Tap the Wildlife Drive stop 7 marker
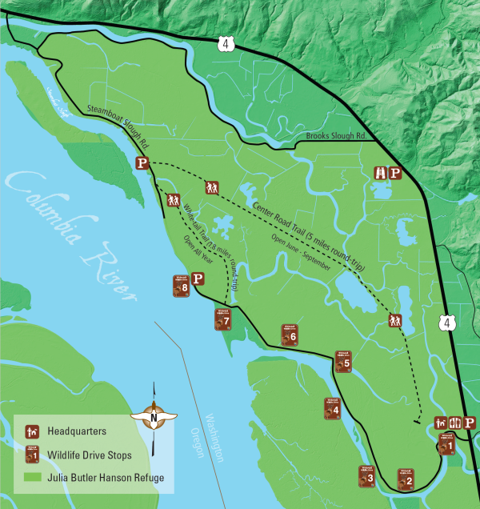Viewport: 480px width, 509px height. tap(222, 319)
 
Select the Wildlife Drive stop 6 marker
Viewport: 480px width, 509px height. tap(289, 334)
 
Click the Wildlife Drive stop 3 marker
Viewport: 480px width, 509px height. tap(366, 476)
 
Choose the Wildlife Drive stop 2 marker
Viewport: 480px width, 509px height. tap(405, 479)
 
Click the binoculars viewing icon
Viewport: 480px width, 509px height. tap(382, 173)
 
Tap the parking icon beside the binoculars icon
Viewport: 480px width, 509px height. tap(395, 173)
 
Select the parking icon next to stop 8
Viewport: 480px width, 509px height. tap(198, 279)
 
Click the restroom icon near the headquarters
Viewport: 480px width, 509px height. tap(454, 423)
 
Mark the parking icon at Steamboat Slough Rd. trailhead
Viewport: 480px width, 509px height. tap(142, 163)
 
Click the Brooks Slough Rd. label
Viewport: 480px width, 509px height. tap(336, 137)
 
